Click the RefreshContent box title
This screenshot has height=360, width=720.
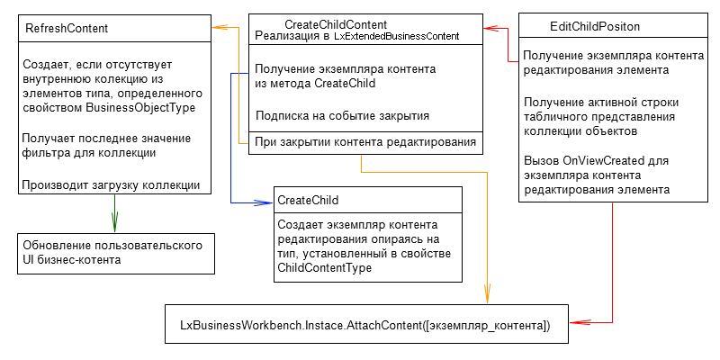[x=67, y=28]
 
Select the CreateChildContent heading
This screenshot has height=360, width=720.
[x=335, y=23]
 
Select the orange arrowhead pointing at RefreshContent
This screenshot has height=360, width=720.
[x=216, y=29]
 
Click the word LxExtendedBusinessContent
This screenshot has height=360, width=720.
[x=397, y=37]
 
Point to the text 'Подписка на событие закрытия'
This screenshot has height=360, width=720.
[x=341, y=115]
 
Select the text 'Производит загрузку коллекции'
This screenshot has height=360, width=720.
[x=109, y=185]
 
